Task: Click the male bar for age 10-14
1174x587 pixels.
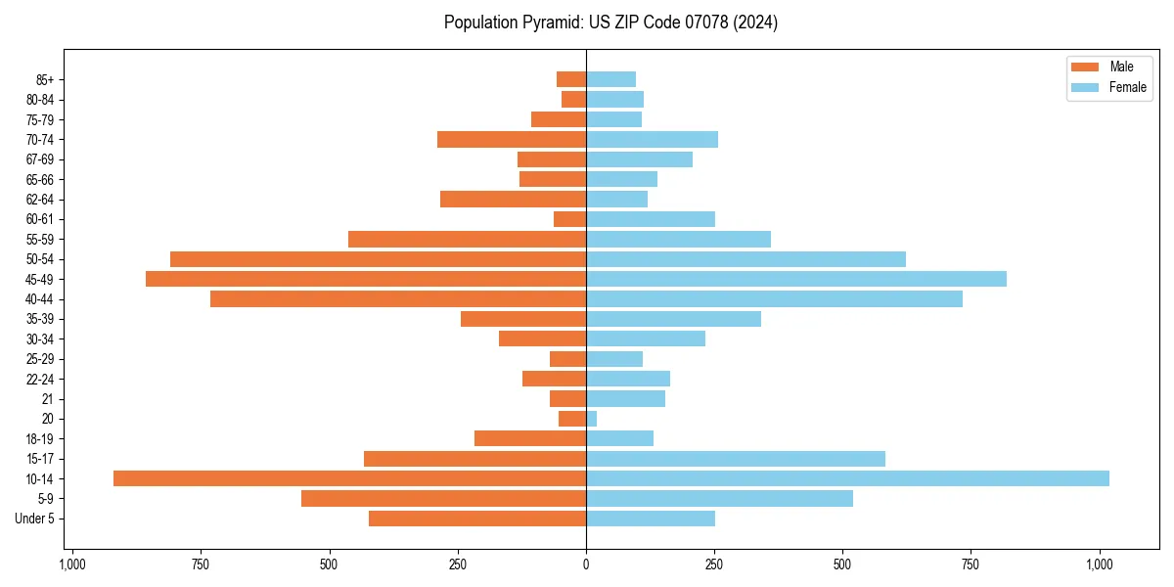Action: coord(349,478)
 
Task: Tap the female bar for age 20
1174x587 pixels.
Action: coord(592,419)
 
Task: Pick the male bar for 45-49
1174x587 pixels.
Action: coord(366,279)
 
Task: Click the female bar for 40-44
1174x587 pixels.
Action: coord(774,299)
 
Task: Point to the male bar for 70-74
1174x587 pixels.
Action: coord(512,140)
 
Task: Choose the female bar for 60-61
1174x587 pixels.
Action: coord(651,219)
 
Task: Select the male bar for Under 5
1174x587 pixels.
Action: coord(477,519)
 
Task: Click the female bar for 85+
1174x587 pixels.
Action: coord(611,79)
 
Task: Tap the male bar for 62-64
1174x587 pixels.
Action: coord(513,200)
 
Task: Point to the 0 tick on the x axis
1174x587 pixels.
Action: coord(586,564)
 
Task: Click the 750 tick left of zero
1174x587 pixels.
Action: coord(201,564)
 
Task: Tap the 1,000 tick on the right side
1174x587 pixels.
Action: coord(1099,564)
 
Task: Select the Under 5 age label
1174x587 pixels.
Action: coord(34,519)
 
